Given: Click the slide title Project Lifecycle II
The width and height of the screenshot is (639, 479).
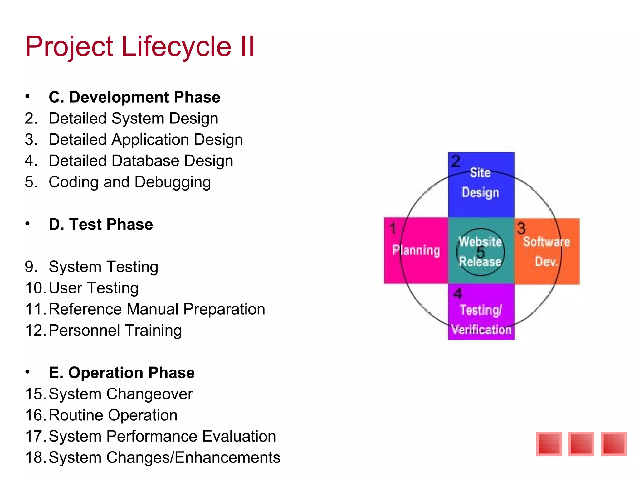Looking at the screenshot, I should click(x=140, y=47).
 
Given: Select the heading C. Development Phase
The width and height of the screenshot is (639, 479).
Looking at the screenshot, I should click(x=134, y=97).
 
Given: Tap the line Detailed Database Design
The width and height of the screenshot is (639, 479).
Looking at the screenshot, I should click(x=141, y=161).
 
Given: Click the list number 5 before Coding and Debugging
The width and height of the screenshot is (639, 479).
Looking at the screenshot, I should click(x=31, y=182).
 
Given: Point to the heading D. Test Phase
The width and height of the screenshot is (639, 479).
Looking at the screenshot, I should click(x=101, y=225).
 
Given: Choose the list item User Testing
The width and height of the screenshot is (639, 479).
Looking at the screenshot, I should click(x=94, y=288).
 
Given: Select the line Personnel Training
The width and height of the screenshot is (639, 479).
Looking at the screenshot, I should click(x=115, y=331).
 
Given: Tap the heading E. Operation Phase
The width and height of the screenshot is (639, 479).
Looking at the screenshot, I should click(x=122, y=373).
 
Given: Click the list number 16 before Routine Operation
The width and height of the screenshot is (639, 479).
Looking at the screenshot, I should click(x=35, y=415).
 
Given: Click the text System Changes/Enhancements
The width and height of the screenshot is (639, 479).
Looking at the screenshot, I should click(x=164, y=457).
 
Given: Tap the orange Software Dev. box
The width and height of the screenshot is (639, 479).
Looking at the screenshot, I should click(x=546, y=251).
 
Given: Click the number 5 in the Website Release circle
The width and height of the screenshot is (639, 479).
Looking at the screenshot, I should click(x=481, y=252).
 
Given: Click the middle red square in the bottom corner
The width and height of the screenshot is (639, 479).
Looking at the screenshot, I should click(x=581, y=444).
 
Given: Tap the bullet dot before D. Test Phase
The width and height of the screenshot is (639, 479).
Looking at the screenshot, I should click(x=28, y=224).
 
